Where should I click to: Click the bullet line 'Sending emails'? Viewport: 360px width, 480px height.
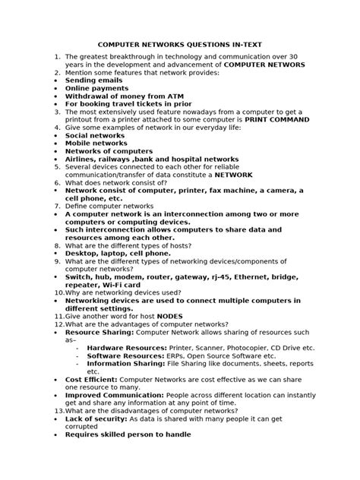click(93, 80)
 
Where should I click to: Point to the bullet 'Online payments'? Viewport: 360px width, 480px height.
click(97, 88)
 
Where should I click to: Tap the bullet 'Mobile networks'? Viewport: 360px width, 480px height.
click(97, 144)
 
